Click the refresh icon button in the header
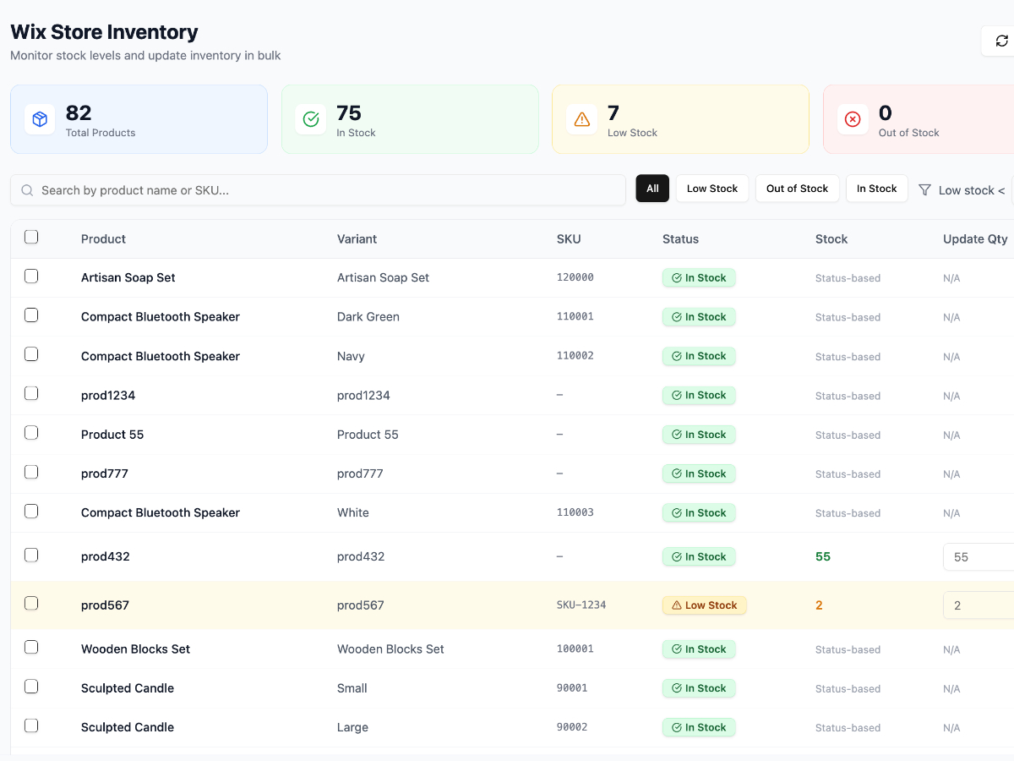(1001, 41)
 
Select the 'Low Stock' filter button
(711, 189)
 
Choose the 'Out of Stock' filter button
(797, 189)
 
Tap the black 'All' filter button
(652, 189)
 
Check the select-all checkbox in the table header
(31, 237)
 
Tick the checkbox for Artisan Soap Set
(31, 276)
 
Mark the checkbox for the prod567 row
(31, 603)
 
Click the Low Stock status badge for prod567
(704, 605)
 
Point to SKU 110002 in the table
(575, 356)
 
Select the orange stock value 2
(819, 605)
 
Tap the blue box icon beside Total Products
(40, 119)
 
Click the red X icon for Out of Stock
(853, 119)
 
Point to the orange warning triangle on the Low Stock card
(581, 119)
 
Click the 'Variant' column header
(357, 239)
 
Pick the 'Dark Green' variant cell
(368, 317)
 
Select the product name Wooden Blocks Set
(135, 649)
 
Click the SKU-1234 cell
(581, 605)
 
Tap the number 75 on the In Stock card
(349, 112)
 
